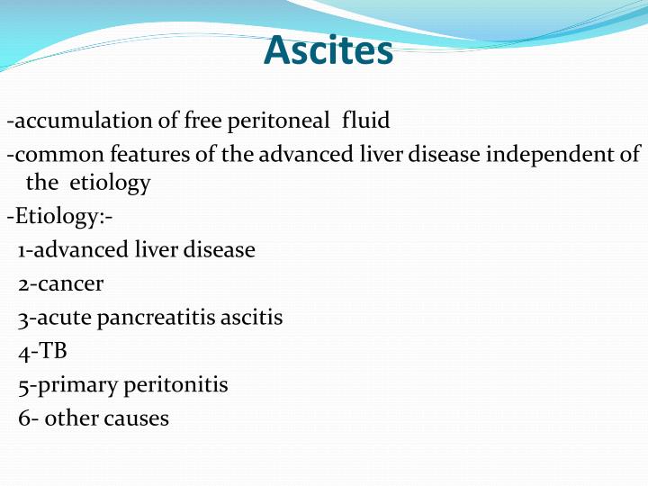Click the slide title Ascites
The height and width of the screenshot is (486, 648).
pyautogui.click(x=328, y=51)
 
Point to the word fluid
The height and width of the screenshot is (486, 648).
pyautogui.click(x=365, y=120)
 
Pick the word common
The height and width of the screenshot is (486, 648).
pyautogui.click(x=55, y=154)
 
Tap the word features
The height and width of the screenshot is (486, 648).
pyautogui.click(x=148, y=154)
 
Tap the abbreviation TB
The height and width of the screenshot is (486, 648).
pyautogui.click(x=52, y=351)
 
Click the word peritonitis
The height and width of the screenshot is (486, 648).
pyautogui.click(x=175, y=385)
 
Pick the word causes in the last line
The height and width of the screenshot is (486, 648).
pyautogui.click(x=139, y=418)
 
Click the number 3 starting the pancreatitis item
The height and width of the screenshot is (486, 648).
pyautogui.click(x=22, y=319)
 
